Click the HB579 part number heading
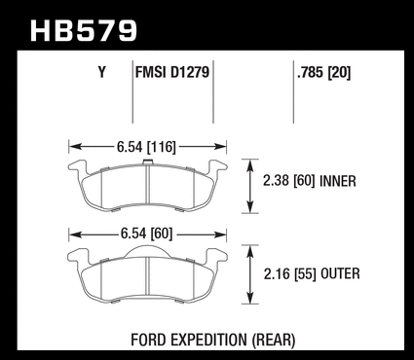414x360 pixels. click(x=84, y=30)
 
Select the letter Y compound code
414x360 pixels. click(x=102, y=72)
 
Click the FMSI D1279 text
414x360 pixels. click(x=172, y=72)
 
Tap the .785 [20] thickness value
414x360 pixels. click(x=323, y=73)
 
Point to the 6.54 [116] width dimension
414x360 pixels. click(x=146, y=147)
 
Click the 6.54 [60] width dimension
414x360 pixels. click(x=146, y=234)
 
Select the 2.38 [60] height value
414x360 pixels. click(x=289, y=181)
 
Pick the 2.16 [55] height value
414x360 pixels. click(x=290, y=274)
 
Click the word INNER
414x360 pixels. click(x=338, y=181)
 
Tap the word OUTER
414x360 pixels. click(x=340, y=274)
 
